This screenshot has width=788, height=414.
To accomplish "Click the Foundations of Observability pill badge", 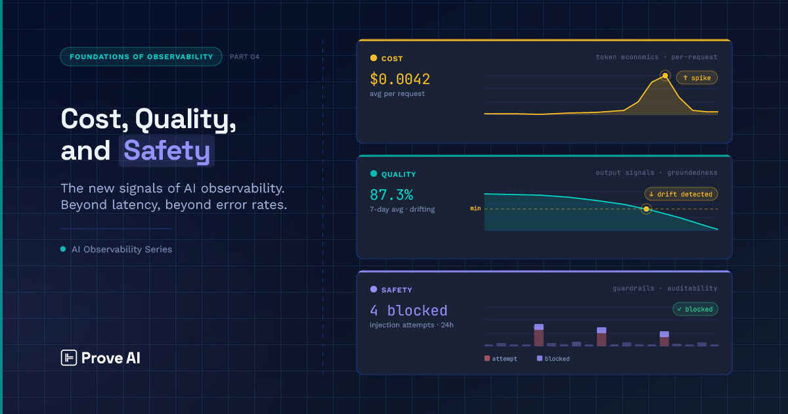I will pyautogui.click(x=141, y=57).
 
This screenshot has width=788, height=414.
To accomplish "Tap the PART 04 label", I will pyautogui.click(x=244, y=57).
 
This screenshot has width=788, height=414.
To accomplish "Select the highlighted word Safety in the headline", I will pyautogui.click(x=167, y=151).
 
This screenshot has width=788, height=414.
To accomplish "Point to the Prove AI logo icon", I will pyautogui.click(x=69, y=357).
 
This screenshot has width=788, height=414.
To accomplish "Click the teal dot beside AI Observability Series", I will pyautogui.click(x=63, y=249).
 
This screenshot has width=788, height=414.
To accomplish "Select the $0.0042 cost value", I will pyautogui.click(x=400, y=80).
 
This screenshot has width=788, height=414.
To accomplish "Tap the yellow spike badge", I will pyautogui.click(x=697, y=78).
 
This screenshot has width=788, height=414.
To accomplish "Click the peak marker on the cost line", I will pyautogui.click(x=665, y=76).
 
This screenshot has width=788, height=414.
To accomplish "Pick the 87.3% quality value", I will pyautogui.click(x=391, y=195).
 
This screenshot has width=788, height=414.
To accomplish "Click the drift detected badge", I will pyautogui.click(x=681, y=194).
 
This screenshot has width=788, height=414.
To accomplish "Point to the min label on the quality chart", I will pyautogui.click(x=475, y=209).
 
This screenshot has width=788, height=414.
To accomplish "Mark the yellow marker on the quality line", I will pyautogui.click(x=646, y=209).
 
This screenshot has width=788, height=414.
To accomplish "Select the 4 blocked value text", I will pyautogui.click(x=408, y=310).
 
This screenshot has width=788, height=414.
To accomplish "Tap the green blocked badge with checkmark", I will pyautogui.click(x=695, y=309).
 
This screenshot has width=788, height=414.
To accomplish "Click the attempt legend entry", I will pyautogui.click(x=500, y=359).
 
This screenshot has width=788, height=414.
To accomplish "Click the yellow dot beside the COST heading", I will pyautogui.click(x=374, y=58).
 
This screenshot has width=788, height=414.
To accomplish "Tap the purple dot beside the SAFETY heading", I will pyautogui.click(x=374, y=289).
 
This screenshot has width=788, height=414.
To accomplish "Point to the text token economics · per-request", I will pyautogui.click(x=656, y=57).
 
